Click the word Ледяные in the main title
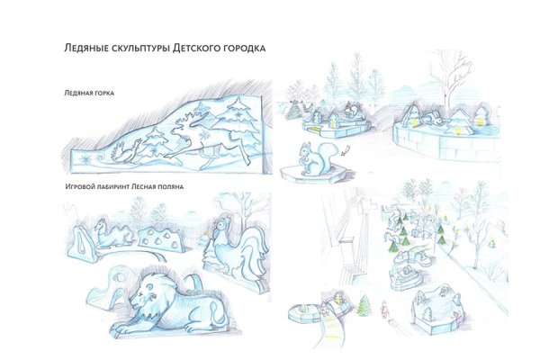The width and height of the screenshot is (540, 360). coord(86,48)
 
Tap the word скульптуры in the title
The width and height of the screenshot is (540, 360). coord(140,49)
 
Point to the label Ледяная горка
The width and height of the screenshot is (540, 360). coord(89,93)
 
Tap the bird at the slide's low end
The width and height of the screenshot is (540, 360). coord(126,151)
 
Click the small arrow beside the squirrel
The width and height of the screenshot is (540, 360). coord(346,150)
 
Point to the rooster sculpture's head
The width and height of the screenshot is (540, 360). coord(220,228)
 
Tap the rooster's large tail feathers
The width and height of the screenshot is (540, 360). coord(254,250)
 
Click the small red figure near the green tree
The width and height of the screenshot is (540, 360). coord(383,309)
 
